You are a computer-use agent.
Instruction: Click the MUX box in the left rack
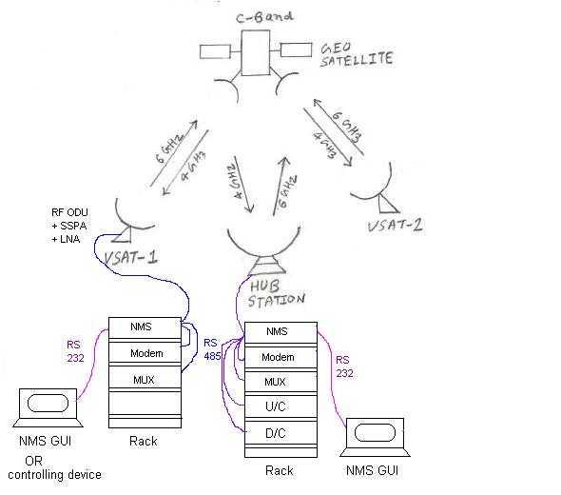coord(144,378)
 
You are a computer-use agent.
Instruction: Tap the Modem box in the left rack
coord(144,352)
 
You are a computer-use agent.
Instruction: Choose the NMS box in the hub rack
coord(277,332)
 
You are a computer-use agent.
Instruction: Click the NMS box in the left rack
coord(144,327)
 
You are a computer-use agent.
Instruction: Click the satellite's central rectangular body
coord(255,51)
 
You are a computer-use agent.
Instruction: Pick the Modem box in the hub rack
coord(277,357)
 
